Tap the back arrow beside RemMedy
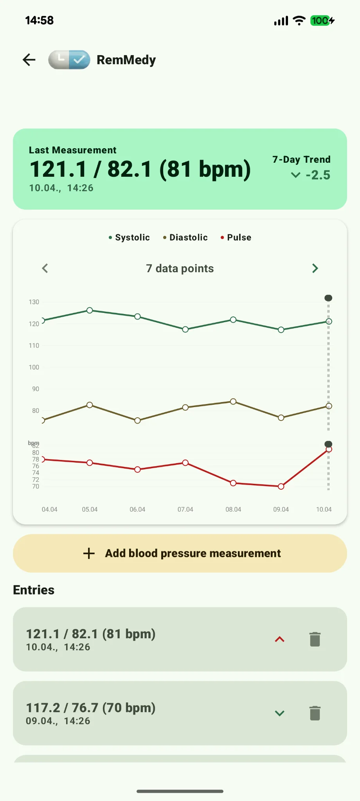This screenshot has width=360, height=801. point(29,60)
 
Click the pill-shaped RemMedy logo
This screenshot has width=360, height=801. point(69,60)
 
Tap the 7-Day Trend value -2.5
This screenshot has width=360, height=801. point(317,175)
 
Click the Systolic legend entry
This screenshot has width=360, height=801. point(130,237)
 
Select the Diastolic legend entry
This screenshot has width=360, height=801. point(185,237)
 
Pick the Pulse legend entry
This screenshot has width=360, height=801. point(236,237)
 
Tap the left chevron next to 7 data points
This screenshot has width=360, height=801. point(45,268)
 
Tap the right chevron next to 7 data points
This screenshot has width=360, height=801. point(315,268)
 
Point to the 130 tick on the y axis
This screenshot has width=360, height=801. point(34,302)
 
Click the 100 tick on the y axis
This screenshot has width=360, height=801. point(34,367)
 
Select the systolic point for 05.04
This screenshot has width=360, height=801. point(90,310)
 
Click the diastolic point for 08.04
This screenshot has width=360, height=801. point(233,401)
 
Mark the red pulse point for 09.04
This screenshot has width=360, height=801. point(281,487)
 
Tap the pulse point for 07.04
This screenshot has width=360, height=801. point(185,463)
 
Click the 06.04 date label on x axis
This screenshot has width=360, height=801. point(137,509)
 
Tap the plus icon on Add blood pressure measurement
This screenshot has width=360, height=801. point(89,553)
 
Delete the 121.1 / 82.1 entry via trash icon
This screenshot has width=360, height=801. point(315,639)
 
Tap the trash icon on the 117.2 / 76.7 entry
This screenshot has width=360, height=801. point(315,713)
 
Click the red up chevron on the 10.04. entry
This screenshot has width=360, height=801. point(279,639)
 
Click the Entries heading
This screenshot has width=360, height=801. point(34,590)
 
